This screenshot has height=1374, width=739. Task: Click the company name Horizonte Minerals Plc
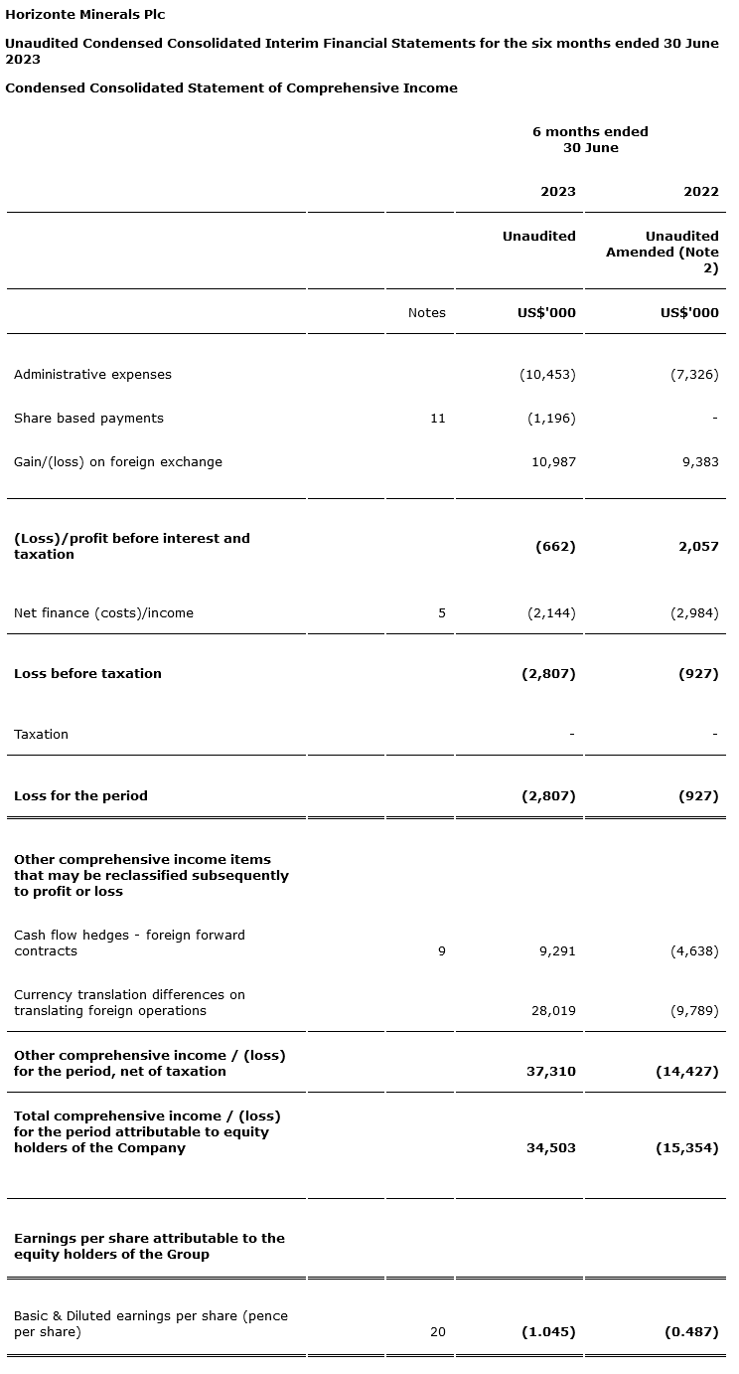pos(85,15)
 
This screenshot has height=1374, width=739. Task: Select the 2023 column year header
pos(557,192)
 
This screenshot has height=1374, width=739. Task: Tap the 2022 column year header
pos(700,192)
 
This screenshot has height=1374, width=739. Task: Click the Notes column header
pos(426,313)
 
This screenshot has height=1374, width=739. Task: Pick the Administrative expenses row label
pos(92,375)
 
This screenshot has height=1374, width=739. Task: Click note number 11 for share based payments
pos(437,419)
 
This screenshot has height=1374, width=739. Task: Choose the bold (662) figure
pos(554,547)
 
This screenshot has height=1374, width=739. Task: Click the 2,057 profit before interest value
pos(698,547)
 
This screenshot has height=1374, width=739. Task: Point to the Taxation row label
pos(41,735)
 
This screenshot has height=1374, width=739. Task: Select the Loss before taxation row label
pos(87,674)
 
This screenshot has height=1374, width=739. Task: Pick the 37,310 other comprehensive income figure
pos(550,1072)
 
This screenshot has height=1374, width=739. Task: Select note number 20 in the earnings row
pos(437,1332)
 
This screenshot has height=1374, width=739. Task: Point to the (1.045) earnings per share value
pos(548,1332)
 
